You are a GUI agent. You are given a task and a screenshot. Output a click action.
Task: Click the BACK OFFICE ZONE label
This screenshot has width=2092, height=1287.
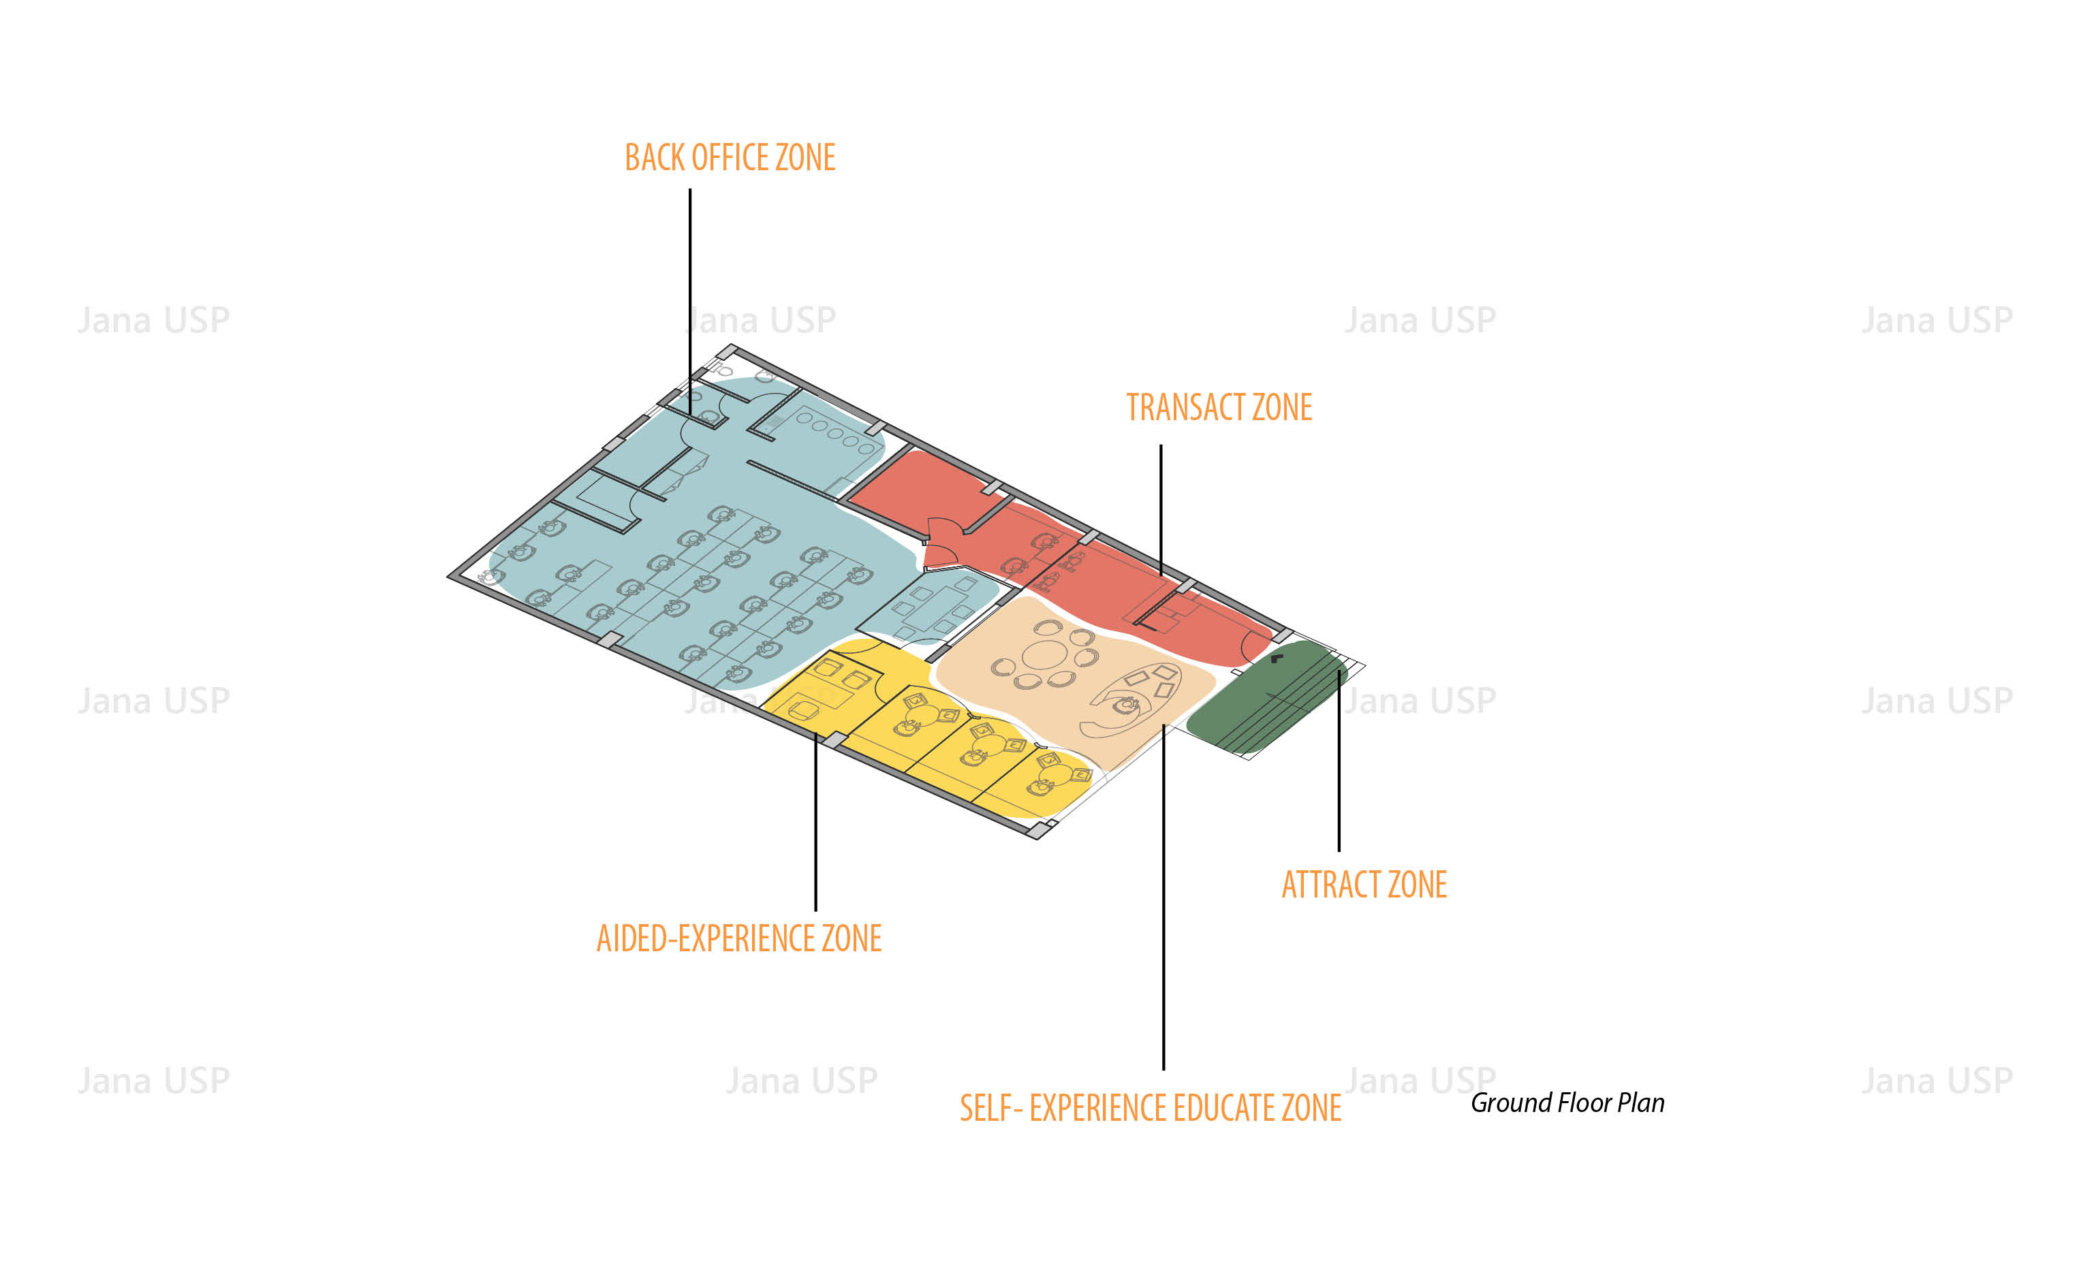(x=730, y=158)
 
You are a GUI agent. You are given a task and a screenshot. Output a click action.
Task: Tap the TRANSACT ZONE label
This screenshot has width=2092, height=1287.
(x=1219, y=408)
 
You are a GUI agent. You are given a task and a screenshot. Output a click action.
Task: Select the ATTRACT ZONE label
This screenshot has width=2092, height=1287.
(x=1364, y=885)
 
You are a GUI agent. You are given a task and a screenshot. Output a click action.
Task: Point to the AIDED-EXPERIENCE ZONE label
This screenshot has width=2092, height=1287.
(x=739, y=939)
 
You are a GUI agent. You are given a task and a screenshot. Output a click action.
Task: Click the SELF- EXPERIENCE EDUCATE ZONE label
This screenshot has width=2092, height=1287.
(x=1151, y=1109)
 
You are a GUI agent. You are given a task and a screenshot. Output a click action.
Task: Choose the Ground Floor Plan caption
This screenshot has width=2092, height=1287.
(x=1567, y=1103)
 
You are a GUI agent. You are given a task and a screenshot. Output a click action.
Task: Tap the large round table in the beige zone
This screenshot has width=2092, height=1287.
(x=1046, y=656)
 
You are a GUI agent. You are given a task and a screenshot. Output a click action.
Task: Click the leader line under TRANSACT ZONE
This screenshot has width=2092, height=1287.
(x=1161, y=511)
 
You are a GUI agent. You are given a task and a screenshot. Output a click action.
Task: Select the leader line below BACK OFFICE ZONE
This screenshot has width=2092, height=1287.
(x=689, y=298)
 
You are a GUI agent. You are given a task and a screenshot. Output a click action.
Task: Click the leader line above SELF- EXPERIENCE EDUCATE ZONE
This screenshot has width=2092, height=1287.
(x=1163, y=893)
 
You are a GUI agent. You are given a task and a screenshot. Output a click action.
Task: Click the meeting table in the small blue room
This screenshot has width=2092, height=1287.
(x=933, y=606)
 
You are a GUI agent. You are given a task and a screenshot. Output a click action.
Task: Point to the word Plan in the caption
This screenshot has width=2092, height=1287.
(x=1641, y=1103)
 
